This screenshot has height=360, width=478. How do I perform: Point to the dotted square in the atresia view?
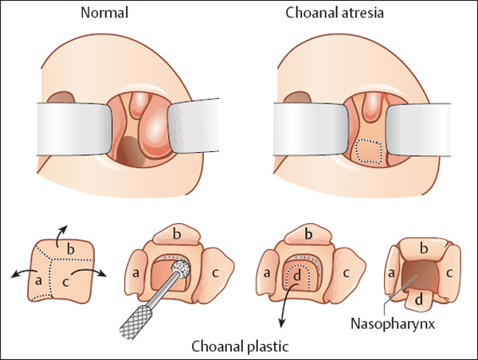367,151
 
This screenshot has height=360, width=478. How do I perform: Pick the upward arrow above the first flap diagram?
62,229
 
